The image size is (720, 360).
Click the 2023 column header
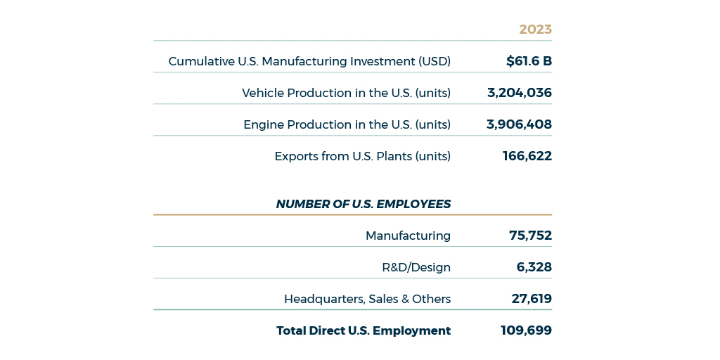pyautogui.click(x=535, y=30)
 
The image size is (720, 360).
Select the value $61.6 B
pyautogui.click(x=529, y=61)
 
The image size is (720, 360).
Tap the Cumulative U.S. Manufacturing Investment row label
pyautogui.click(x=309, y=61)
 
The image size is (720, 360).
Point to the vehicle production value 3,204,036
pyautogui.click(x=519, y=93)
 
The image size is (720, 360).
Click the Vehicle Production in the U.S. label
pyautogui.click(x=346, y=93)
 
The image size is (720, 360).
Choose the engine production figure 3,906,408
pyautogui.click(x=519, y=124)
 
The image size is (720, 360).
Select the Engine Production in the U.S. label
pyautogui.click(x=347, y=124)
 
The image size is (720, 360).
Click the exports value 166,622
pyautogui.click(x=527, y=156)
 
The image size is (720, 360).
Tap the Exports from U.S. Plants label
pyautogui.click(x=362, y=156)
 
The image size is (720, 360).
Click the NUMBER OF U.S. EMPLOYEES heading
pyautogui.click(x=363, y=204)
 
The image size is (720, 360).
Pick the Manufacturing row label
pyautogui.click(x=408, y=236)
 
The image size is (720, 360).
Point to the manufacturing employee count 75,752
pyautogui.click(x=530, y=236)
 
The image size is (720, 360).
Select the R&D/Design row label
pyautogui.click(x=416, y=267)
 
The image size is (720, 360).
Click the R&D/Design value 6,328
pyautogui.click(x=534, y=267)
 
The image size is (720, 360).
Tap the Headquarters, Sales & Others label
pyautogui.click(x=367, y=299)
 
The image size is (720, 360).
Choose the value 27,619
pyautogui.click(x=532, y=299)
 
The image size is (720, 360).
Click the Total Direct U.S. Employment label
pyautogui.click(x=363, y=330)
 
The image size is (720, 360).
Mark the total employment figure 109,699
pyautogui.click(x=526, y=330)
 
